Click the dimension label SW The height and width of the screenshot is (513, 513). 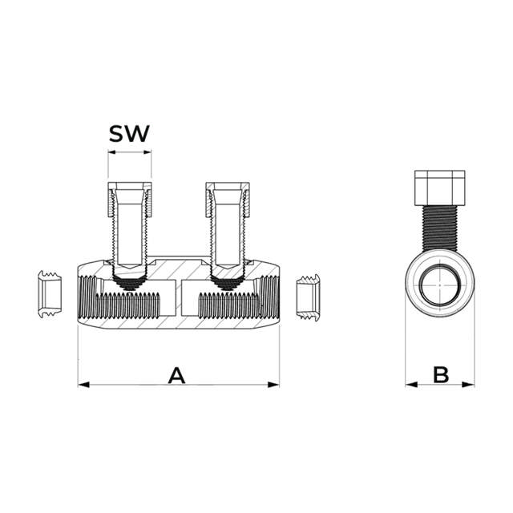coord(129,134)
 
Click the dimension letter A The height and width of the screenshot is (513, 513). coord(176,375)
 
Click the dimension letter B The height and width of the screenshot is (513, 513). coord(441,375)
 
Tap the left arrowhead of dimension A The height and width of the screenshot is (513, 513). coord(83,385)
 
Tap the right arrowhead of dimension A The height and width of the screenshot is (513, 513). coord(273,385)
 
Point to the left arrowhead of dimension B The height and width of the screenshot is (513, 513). coord(411,385)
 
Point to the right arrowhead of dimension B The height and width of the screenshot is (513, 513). coord(468,385)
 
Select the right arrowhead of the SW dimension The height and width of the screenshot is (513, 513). coord(147,151)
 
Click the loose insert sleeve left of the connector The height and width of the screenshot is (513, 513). coord(50,293)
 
